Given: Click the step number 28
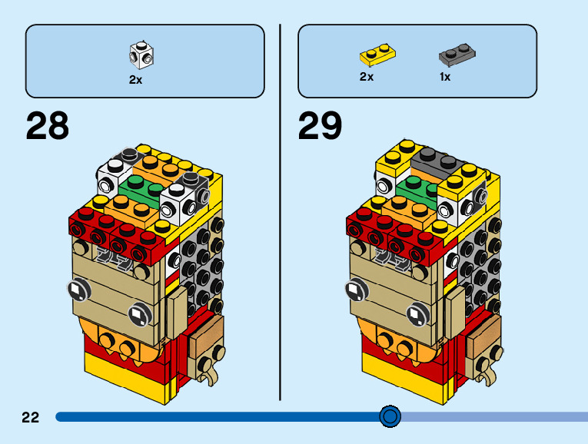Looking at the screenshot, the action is coord(48,125).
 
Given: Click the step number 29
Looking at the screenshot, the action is coord(320,125).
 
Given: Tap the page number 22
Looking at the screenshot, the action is coord(31,417).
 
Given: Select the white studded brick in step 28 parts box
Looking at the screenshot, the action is coord(141,55).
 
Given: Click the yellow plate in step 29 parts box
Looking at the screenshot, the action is coord(377,55).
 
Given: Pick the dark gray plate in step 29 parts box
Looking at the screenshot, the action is coord(457,55).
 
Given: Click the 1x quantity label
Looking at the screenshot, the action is coord(445,77).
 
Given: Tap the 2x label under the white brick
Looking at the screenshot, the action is coord(136,79).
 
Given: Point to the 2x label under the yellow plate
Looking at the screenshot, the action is coord(367,77).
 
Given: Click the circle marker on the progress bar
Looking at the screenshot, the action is coord(390,416).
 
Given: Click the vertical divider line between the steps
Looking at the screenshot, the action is coord(280,213).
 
